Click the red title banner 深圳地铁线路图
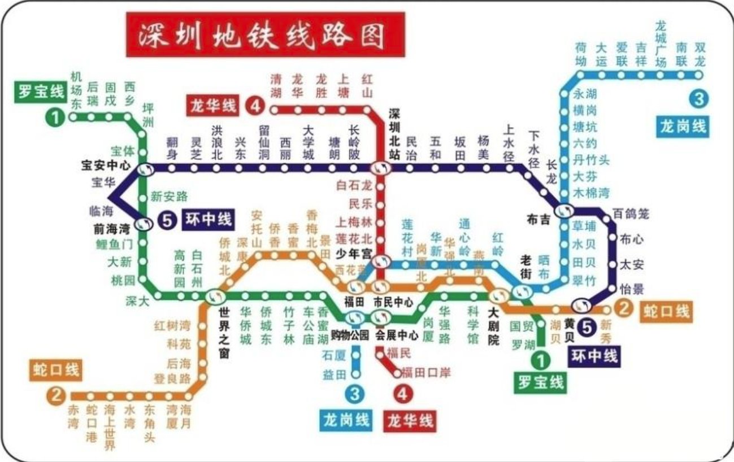tap(264, 35)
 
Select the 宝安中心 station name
tap(106, 166)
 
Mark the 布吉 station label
tap(538, 219)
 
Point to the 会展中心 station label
tap(397, 335)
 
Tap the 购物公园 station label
tap(350, 335)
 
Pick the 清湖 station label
tap(276, 85)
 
